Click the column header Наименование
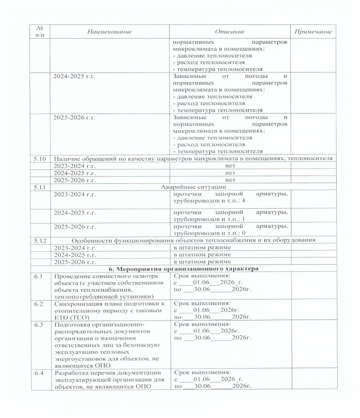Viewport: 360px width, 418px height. tap(109, 32)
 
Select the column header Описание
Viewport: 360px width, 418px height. tap(229, 32)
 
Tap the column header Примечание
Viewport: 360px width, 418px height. tap(313, 32)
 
